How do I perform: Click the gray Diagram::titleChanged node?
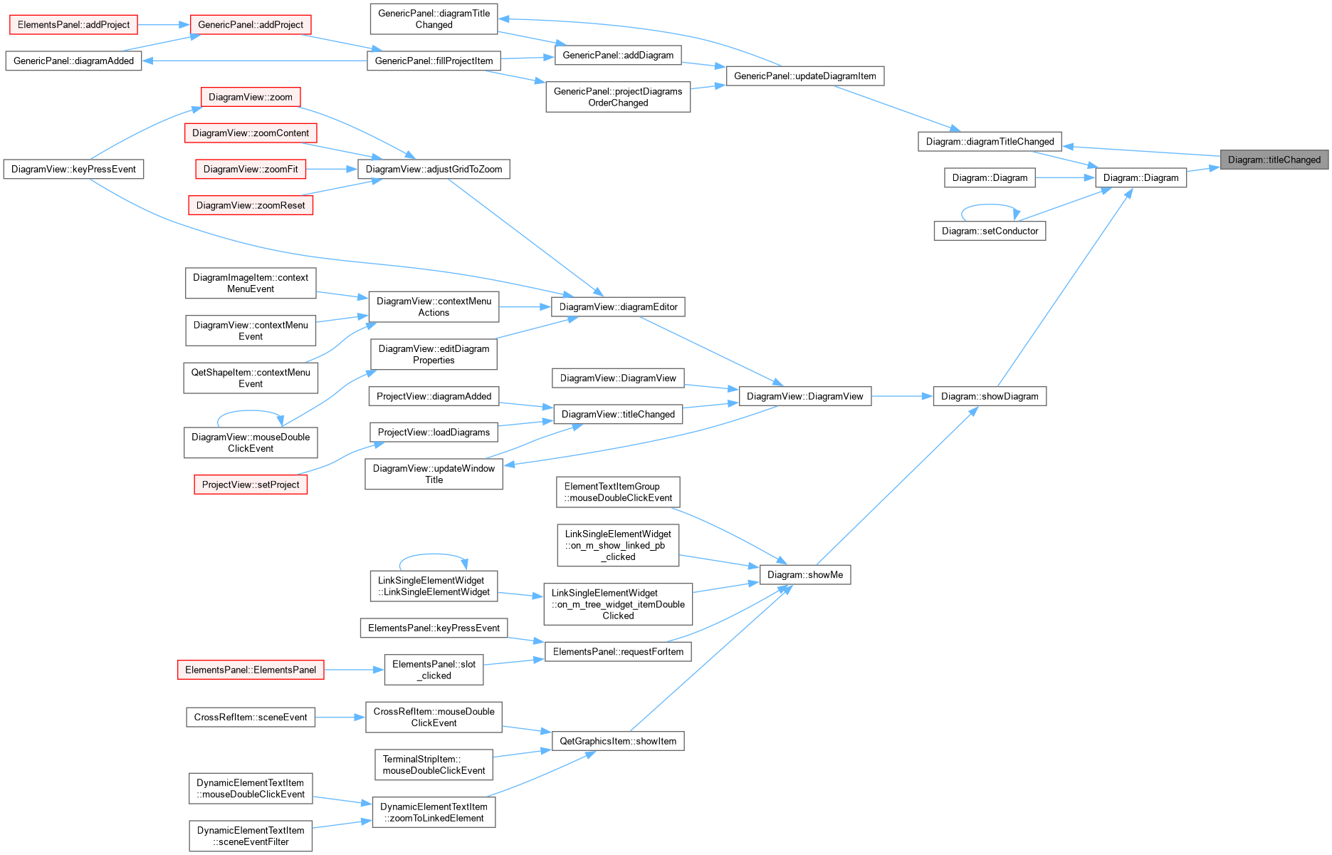[1274, 160]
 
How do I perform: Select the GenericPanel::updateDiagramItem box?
[805, 76]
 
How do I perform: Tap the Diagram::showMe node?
[805, 575]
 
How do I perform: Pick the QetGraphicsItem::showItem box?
[618, 741]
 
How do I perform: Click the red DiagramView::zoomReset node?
[251, 205]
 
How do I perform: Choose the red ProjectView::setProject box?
[251, 484]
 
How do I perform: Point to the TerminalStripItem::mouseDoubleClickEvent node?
[434, 765]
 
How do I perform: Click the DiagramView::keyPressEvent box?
[73, 169]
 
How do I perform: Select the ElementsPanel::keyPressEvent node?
[434, 628]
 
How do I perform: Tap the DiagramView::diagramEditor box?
[618, 307]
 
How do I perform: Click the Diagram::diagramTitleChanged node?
[990, 142]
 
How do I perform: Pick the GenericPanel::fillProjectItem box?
[434, 61]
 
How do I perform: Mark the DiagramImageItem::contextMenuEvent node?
[251, 283]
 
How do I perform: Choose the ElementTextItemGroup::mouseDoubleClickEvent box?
[618, 492]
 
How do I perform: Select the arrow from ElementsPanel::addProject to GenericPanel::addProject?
[164, 25]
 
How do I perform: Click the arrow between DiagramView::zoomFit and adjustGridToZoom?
[332, 169]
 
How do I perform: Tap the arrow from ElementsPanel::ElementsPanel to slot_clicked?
[354, 670]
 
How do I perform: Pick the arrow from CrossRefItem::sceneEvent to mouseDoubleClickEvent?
[340, 717]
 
